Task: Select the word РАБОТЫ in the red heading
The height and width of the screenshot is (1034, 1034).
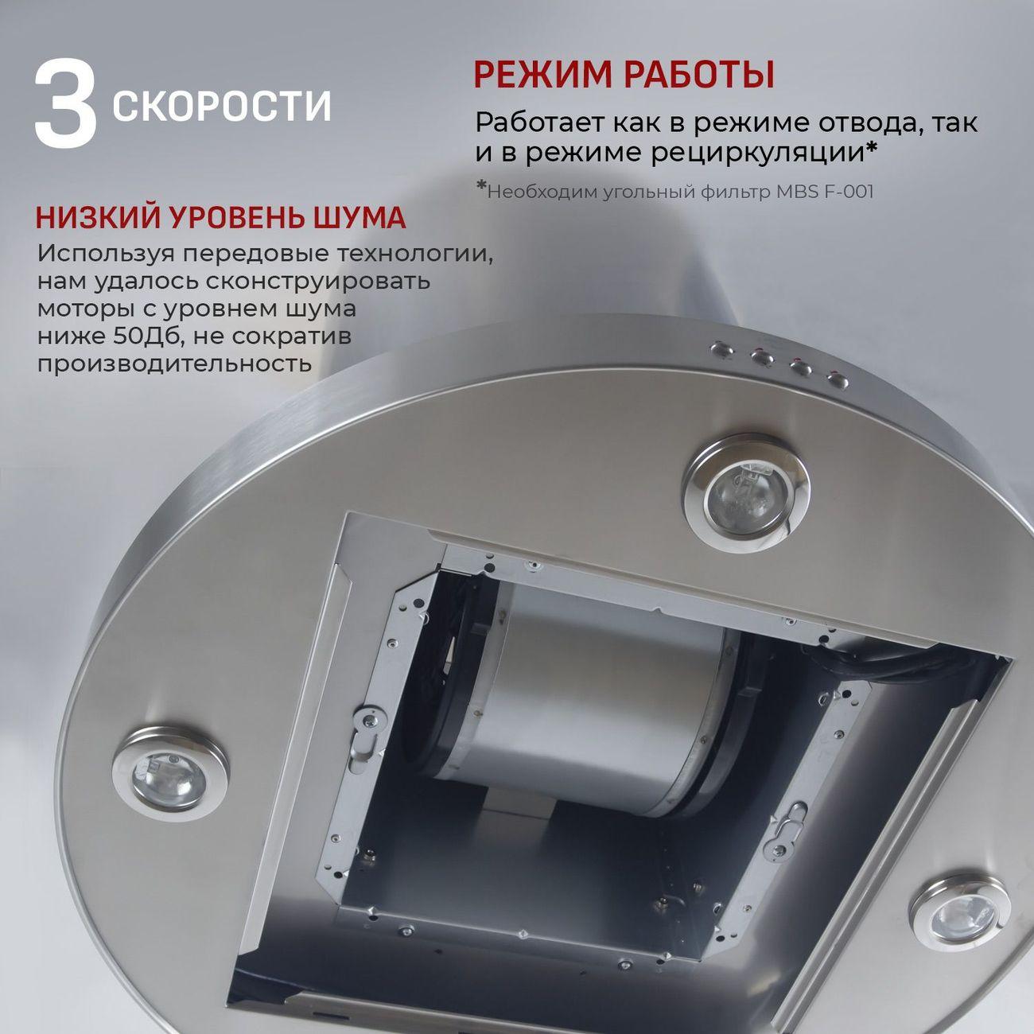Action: tap(698, 75)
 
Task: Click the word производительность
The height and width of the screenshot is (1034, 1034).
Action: tap(174, 363)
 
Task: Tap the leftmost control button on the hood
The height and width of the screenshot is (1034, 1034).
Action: tap(721, 348)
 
